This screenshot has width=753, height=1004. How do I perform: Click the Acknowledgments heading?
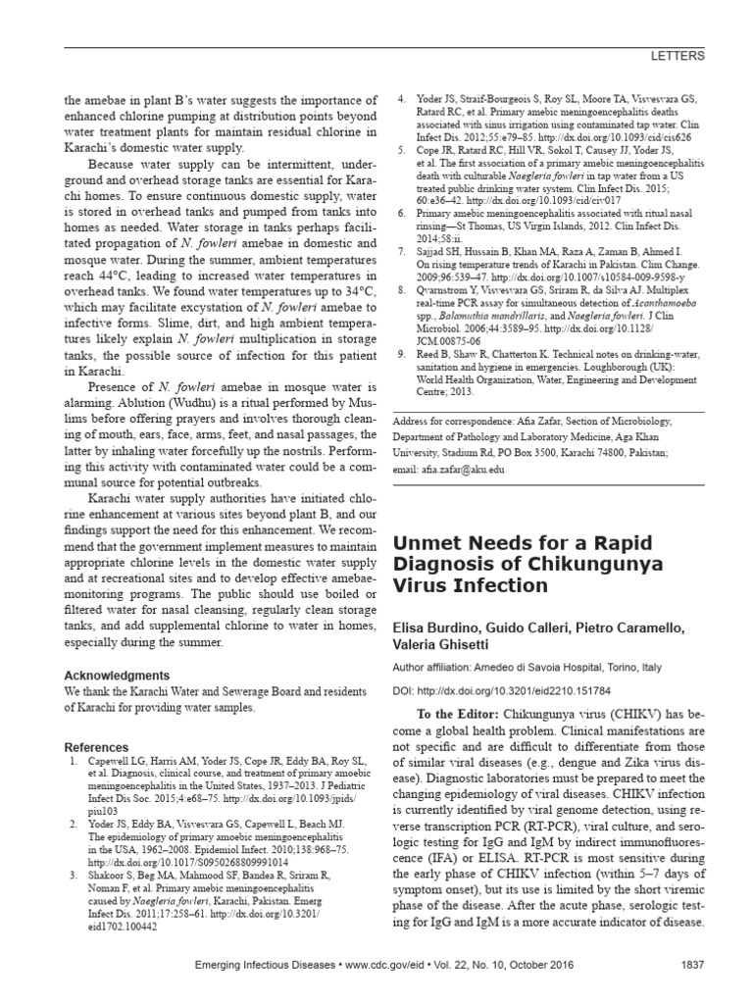pos(116,676)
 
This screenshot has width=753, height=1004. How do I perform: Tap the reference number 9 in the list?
pos(401,352)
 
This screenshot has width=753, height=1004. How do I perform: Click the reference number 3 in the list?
pos(71,872)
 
